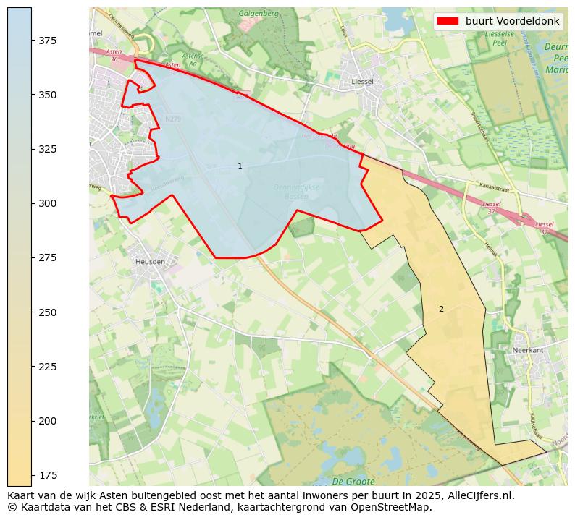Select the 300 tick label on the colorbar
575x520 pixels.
[48, 203]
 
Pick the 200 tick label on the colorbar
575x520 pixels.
[48, 420]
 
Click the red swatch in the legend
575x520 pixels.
[448, 21]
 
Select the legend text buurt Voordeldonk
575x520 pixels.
[512, 21]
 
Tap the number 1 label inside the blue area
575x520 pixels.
[240, 166]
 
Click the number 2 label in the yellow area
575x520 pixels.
[441, 309]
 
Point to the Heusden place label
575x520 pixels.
[150, 261]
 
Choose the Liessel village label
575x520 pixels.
[361, 82]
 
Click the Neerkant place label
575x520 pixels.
[527, 350]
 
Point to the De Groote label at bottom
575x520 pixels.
[353, 481]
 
